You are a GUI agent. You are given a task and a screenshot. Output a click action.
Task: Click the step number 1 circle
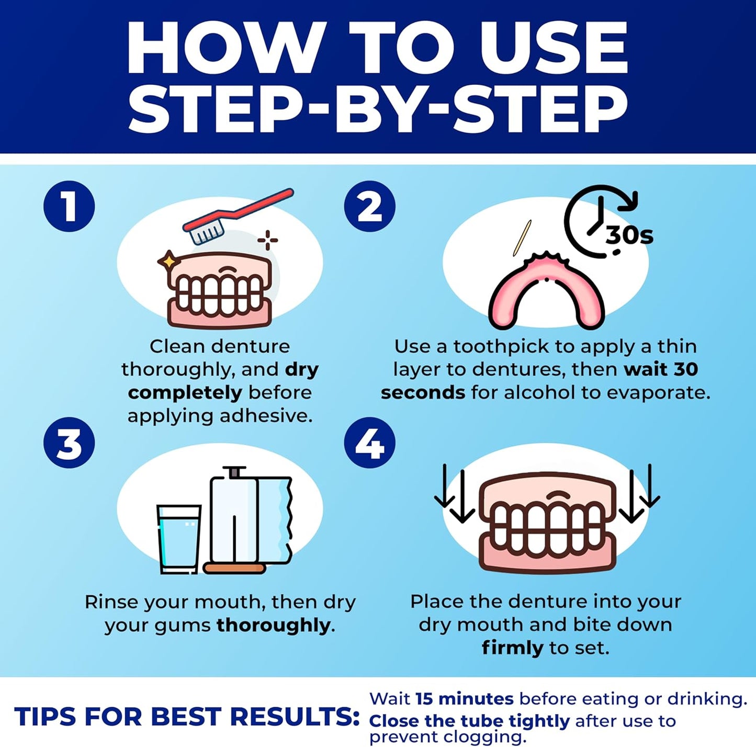click(x=69, y=206)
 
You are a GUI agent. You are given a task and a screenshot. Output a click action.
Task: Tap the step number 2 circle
click(x=369, y=206)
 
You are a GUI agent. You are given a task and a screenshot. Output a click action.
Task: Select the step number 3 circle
click(x=69, y=443)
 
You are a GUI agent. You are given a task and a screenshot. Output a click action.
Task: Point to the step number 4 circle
click(x=369, y=443)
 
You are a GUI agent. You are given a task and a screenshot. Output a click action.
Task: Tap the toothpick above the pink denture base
click(x=522, y=238)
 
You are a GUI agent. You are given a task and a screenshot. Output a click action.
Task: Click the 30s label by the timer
click(x=629, y=235)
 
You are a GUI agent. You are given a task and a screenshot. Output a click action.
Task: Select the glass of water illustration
click(x=178, y=539)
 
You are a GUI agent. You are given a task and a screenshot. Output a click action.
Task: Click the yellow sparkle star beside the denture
click(x=168, y=260)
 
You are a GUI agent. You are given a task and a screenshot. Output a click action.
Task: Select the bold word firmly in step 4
click(x=512, y=648)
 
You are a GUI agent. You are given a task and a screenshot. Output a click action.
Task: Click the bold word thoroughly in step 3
click(x=273, y=625)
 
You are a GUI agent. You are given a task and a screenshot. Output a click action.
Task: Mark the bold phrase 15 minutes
click(x=464, y=699)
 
